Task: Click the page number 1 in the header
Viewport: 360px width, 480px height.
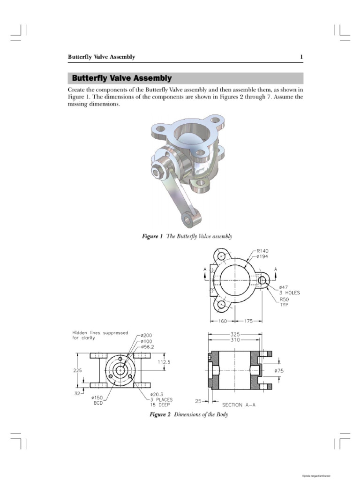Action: (x=301, y=57)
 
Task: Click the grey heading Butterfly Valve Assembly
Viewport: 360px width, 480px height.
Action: (x=120, y=78)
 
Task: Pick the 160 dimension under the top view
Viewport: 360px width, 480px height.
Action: (x=222, y=322)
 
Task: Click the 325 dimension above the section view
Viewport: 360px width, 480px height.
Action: (x=236, y=335)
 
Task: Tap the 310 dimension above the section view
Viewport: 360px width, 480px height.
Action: (x=236, y=340)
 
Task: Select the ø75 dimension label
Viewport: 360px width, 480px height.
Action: (x=279, y=370)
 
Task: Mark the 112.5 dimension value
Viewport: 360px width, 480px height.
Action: (x=164, y=362)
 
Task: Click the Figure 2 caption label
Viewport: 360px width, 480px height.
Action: (x=159, y=415)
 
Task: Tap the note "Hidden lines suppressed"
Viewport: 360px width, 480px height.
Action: (x=100, y=333)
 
